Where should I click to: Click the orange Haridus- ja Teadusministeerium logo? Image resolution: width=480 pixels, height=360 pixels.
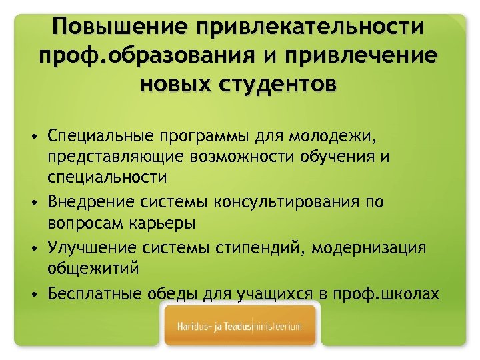[239, 327]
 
